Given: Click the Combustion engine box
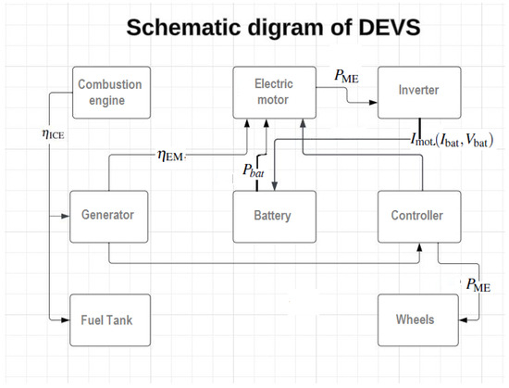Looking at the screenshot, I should tap(109, 91).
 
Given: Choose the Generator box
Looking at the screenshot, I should tap(109, 215).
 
